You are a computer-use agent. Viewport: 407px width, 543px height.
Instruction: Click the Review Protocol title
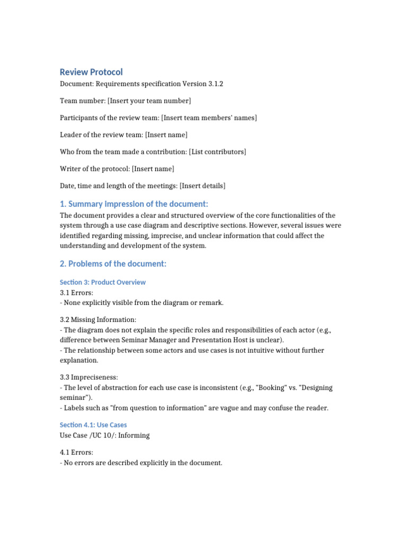click(91, 72)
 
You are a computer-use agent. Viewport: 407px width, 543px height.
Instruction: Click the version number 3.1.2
click(220, 84)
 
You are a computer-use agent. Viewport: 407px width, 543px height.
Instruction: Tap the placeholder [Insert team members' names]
click(209, 118)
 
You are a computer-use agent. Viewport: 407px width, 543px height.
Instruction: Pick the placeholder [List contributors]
click(217, 152)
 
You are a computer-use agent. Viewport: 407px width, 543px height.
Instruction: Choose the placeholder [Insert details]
click(202, 186)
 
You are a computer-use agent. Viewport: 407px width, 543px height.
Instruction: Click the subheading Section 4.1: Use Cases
click(93, 425)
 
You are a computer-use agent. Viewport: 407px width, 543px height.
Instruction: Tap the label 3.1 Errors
click(76, 293)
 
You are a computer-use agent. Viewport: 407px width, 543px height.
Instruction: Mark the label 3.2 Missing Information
click(98, 320)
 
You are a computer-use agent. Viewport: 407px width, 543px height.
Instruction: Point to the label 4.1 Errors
click(76, 452)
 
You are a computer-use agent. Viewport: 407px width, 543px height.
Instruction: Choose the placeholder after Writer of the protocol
click(153, 169)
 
